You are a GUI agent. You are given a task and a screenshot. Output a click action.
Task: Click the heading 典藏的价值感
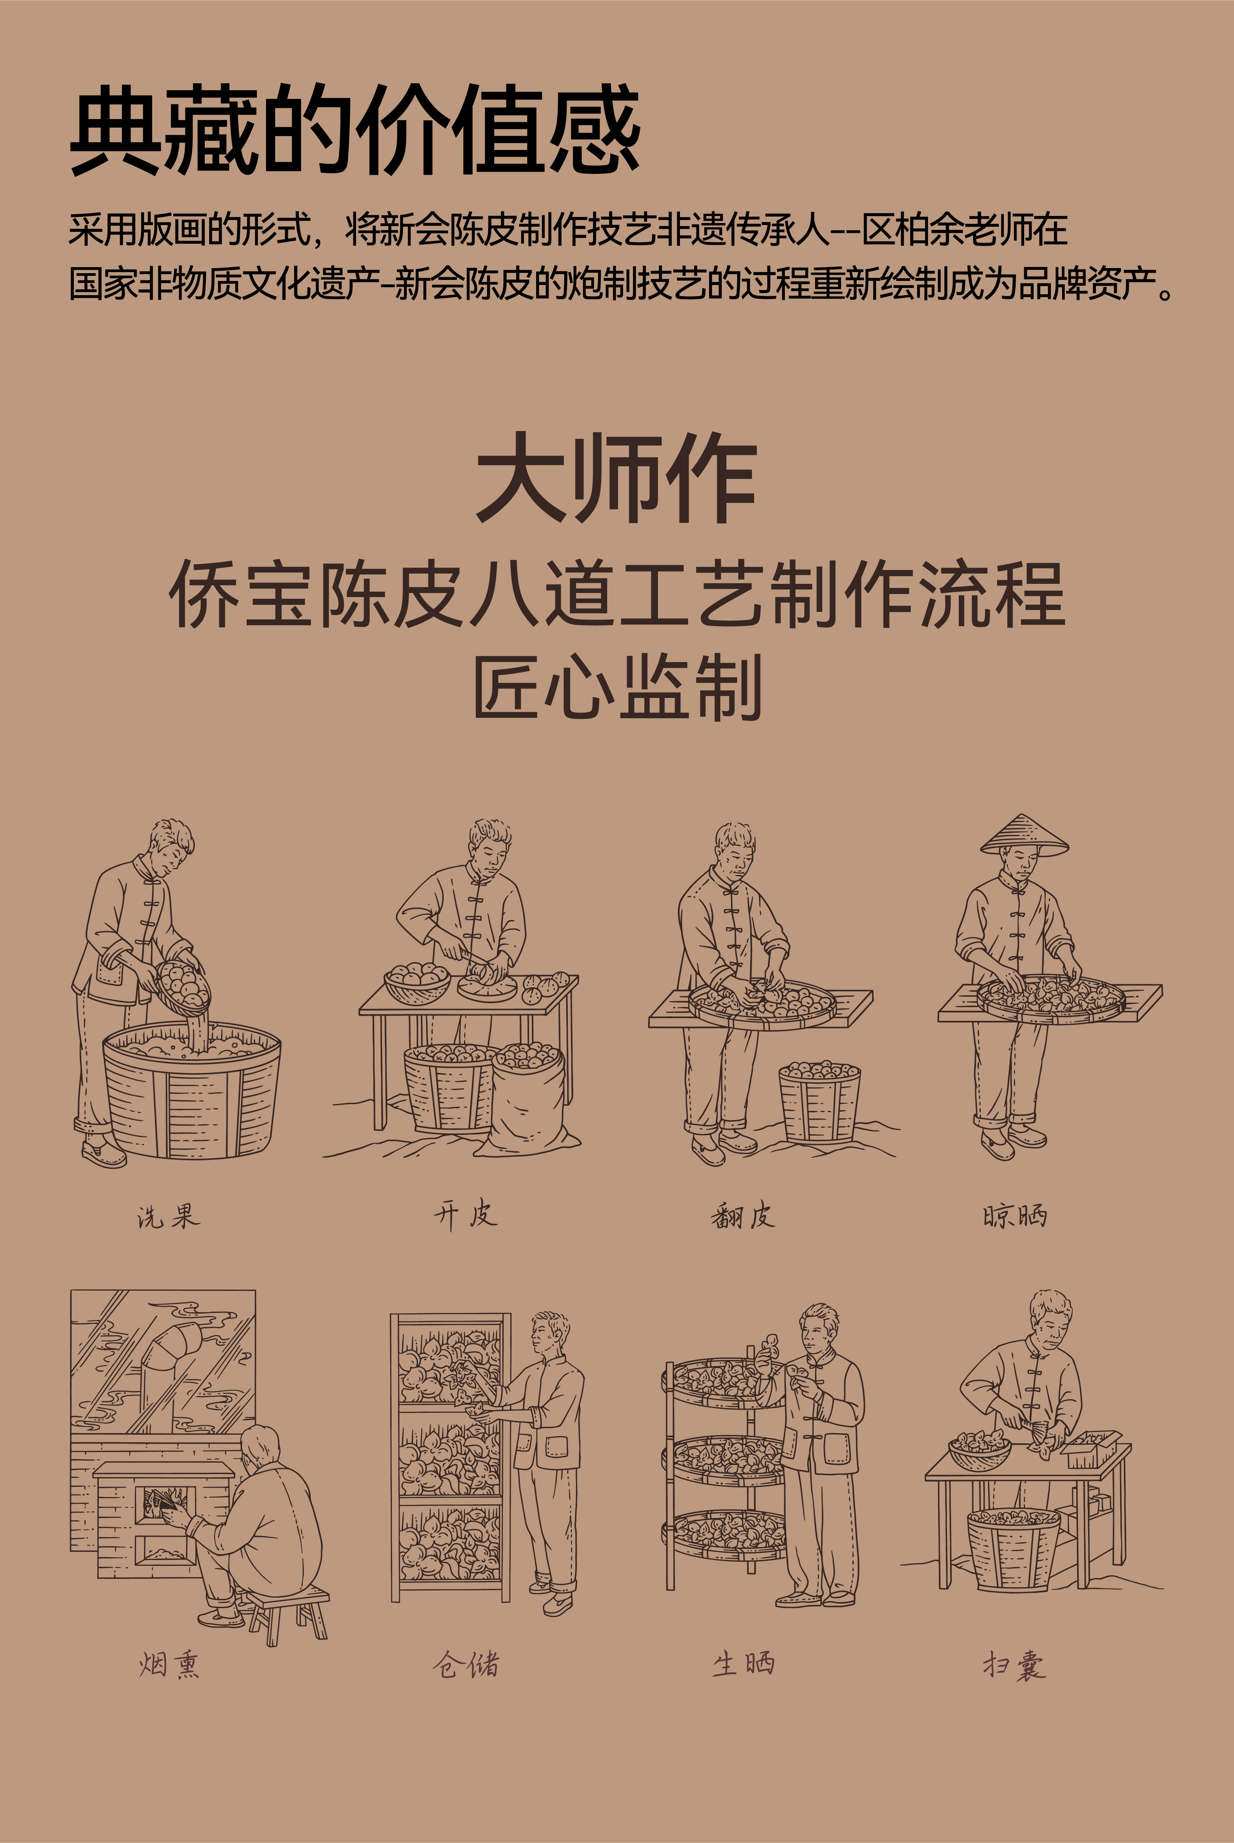click(x=354, y=130)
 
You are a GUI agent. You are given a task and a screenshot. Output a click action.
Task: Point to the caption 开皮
click(x=465, y=1214)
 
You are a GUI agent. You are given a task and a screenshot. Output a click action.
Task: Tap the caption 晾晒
click(x=1014, y=1216)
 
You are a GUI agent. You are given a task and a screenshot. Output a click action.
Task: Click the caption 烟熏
click(x=169, y=1664)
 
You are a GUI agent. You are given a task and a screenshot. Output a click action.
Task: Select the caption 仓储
click(x=465, y=1664)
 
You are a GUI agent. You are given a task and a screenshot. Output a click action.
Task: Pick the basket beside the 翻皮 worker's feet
click(x=819, y=1102)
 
